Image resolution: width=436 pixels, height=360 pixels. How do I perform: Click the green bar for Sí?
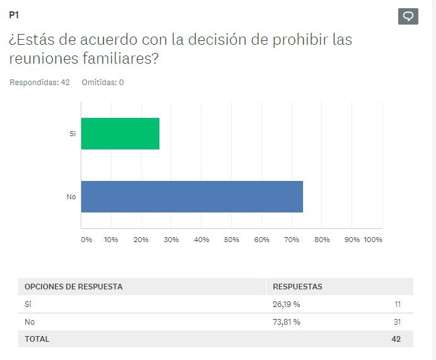coord(120,134)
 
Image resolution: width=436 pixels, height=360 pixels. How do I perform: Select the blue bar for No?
coord(192,197)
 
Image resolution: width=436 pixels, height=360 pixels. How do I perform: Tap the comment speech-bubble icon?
coord(408,16)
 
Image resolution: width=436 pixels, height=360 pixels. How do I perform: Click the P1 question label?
coord(14,15)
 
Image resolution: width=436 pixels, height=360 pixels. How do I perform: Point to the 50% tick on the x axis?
coord(231,240)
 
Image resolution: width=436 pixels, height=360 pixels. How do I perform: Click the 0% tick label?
coord(86,240)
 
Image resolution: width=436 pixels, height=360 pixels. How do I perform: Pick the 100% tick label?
coord(373,240)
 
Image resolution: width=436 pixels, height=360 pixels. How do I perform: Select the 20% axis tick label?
coord(141,240)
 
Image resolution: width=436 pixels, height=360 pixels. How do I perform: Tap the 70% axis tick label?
coord(292,240)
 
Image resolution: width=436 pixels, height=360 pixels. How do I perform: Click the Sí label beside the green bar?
coord(72,134)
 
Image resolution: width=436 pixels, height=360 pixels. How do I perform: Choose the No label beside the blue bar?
coord(71,197)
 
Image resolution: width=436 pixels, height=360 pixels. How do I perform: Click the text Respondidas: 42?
coord(39,83)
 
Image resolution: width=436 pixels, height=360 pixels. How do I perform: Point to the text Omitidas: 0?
coord(103,83)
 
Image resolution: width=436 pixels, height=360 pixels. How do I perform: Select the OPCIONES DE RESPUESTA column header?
coord(73,287)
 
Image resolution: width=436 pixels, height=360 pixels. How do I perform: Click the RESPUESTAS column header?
coord(297,287)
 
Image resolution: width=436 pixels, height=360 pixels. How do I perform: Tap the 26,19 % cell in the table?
coord(286,305)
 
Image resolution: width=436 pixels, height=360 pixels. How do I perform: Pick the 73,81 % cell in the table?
coord(286,322)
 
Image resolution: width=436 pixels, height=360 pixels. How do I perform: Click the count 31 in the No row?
coord(397,322)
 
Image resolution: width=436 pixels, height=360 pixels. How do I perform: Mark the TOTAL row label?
coord(37,339)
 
